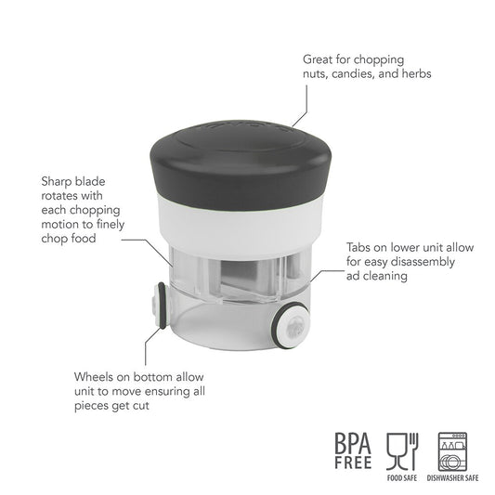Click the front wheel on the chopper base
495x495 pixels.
[291, 325]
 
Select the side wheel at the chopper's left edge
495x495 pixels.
[160, 306]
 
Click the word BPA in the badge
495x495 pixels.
[353, 443]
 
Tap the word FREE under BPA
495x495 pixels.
[353, 462]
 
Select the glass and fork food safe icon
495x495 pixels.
[402, 451]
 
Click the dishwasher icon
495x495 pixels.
[452, 451]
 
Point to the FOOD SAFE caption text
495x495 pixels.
[402, 478]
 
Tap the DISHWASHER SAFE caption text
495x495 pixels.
[452, 478]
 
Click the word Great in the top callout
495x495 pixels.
[318, 59]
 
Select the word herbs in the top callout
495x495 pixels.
[416, 73]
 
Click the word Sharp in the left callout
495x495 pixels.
[55, 182]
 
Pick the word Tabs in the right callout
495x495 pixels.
[358, 247]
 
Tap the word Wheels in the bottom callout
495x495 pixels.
[94, 377]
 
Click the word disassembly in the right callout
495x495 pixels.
[423, 262]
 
